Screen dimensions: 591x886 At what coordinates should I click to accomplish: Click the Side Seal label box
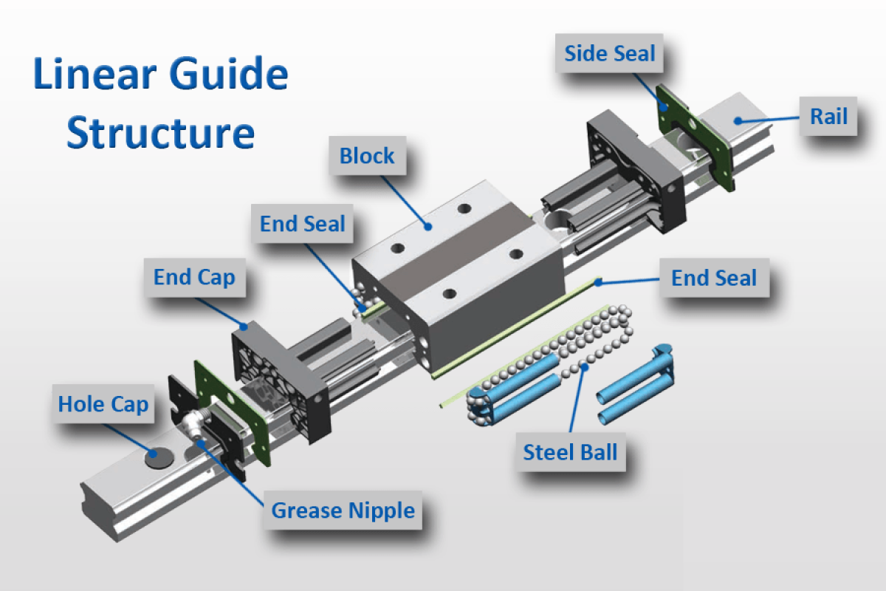609,53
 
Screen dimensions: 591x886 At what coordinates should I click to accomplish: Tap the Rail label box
828,117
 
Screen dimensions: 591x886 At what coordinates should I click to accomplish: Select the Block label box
367,156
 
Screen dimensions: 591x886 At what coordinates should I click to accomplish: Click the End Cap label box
194,278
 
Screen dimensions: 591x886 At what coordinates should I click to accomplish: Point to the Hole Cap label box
103,404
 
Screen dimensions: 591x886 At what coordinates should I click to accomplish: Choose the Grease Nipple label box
343,510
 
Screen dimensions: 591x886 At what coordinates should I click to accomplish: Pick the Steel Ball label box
570,451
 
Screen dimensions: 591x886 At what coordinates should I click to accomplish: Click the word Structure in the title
161,133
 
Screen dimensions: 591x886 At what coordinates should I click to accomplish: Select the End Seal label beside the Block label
303,224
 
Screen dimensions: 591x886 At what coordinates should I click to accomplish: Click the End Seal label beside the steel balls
714,279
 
